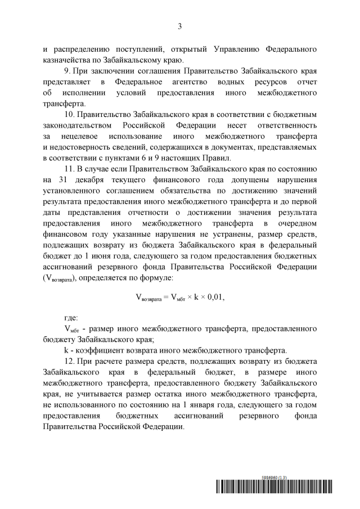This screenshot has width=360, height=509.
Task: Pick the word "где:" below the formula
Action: tap(71, 318)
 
